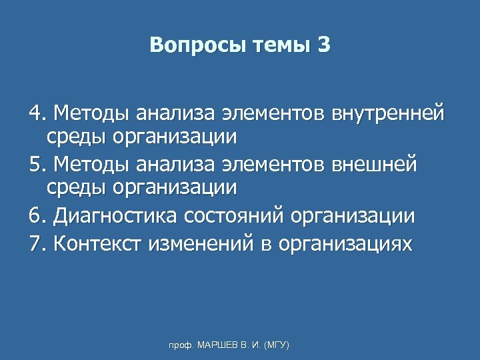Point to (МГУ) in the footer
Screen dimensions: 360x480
pos(277,345)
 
